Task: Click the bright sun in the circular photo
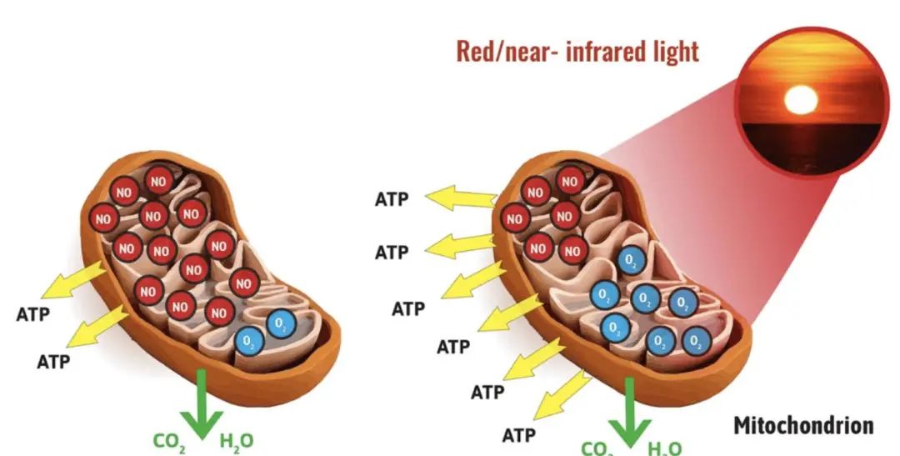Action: click(x=801, y=100)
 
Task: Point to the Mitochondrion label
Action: click(x=803, y=425)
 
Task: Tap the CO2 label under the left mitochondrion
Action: click(x=169, y=441)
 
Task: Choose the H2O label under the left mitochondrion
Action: click(x=236, y=441)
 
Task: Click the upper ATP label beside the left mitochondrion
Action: click(x=33, y=315)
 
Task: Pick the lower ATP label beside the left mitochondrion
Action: click(x=53, y=361)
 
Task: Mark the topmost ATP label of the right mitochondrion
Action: click(x=392, y=200)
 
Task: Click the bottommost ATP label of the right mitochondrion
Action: click(x=518, y=434)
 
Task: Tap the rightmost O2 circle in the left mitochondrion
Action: click(x=282, y=323)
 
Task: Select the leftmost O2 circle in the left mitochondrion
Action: click(x=247, y=340)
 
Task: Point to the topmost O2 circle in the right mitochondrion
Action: click(x=629, y=261)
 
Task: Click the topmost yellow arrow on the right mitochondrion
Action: click(x=460, y=198)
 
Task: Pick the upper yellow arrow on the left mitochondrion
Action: click(x=73, y=281)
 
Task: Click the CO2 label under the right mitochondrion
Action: click(x=597, y=448)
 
